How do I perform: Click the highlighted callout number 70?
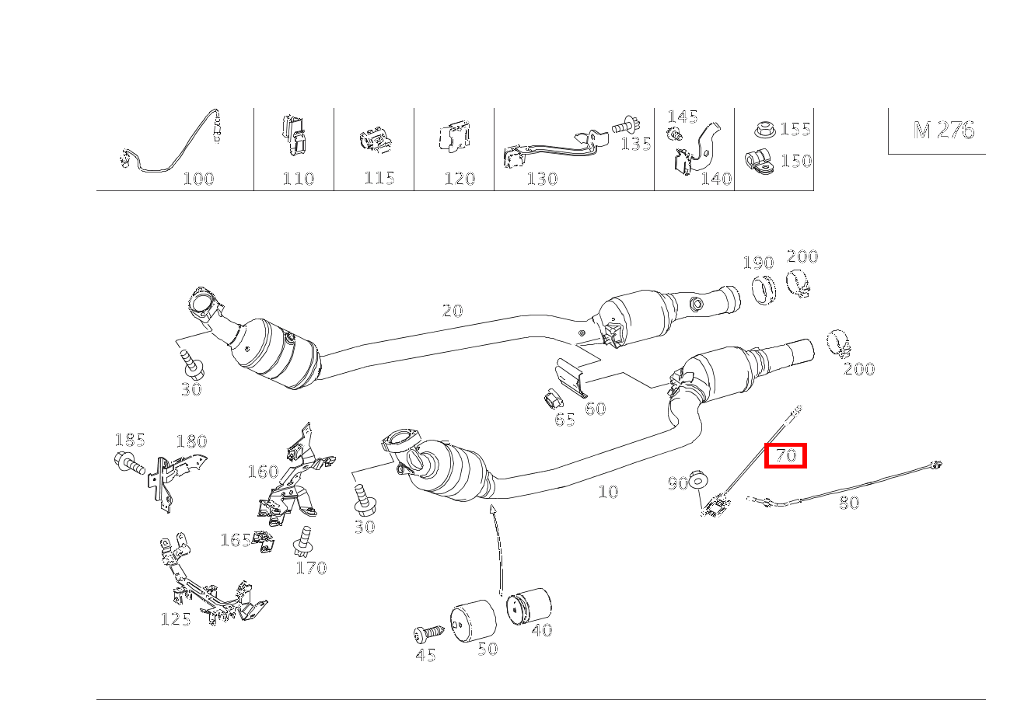tap(786, 455)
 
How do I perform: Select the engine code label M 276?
tap(943, 130)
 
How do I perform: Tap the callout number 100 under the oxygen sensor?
tap(197, 179)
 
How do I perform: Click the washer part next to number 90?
tap(697, 480)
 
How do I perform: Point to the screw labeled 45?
tap(428, 632)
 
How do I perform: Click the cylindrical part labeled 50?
tap(474, 621)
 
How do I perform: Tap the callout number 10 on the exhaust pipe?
tap(608, 492)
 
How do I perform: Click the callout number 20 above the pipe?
tap(452, 311)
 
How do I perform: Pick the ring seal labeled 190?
tap(764, 289)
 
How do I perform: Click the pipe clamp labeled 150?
tap(758, 162)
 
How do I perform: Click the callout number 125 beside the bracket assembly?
tap(176, 619)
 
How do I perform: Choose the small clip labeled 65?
tap(553, 401)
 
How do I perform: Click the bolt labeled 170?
tap(304, 541)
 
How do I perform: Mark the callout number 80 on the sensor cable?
tap(849, 503)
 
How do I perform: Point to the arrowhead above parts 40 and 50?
tap(492, 509)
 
